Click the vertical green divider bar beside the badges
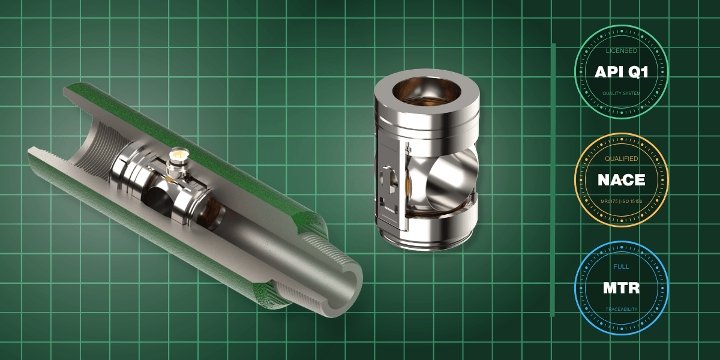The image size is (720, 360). coord(553,180)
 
